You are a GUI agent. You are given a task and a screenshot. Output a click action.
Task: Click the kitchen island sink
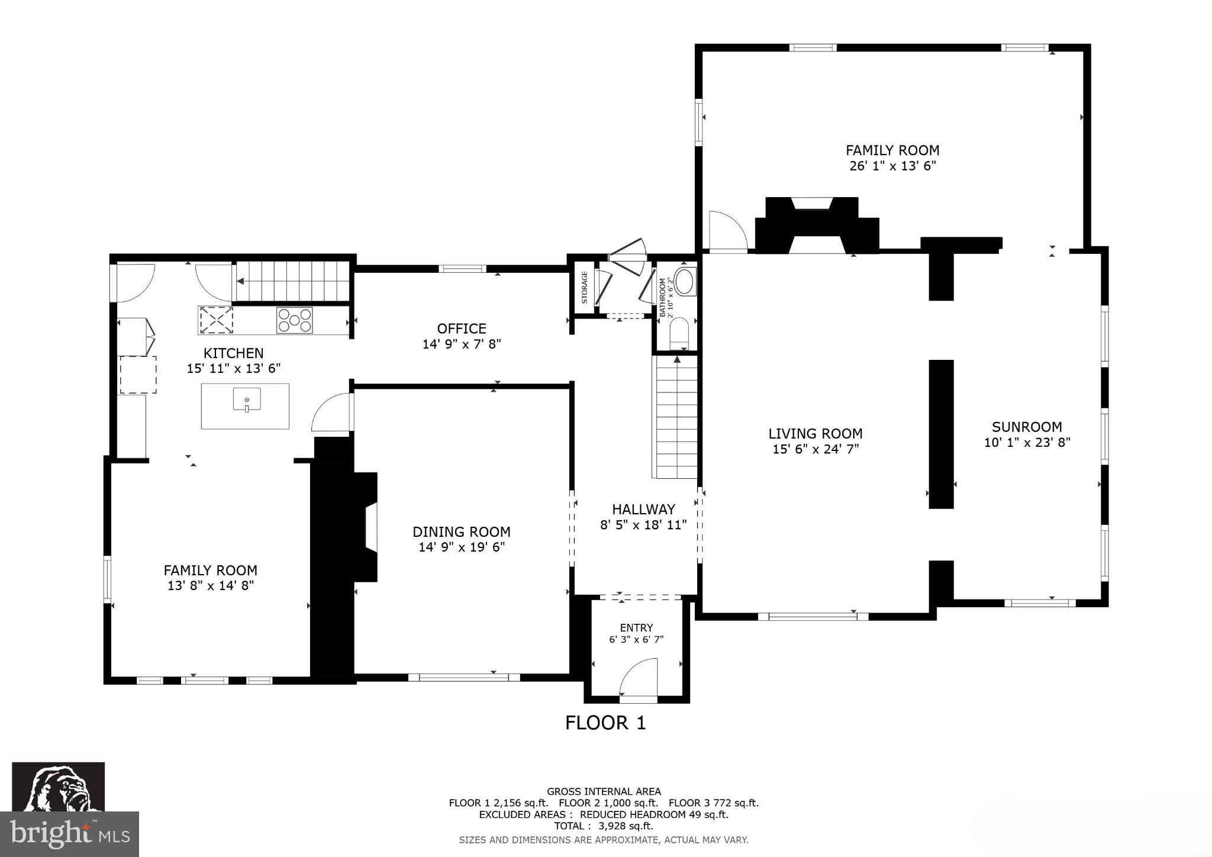246,400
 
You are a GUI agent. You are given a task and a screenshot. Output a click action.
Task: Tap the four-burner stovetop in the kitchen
294,320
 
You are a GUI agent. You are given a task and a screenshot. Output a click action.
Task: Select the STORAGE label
585,287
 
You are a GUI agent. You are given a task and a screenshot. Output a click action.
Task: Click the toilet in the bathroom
678,335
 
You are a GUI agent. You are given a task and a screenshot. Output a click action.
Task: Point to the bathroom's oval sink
686,282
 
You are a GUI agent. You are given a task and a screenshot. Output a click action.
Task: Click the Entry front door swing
639,678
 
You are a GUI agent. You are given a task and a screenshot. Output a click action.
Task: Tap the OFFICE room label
462,328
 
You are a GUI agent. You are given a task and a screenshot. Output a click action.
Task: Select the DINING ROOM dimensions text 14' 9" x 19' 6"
462,547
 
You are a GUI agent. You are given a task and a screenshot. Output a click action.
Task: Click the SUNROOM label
1027,427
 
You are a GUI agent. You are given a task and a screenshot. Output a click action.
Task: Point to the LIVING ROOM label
815,434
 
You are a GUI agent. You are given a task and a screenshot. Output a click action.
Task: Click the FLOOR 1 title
605,723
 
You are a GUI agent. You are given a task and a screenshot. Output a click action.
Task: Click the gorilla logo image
58,787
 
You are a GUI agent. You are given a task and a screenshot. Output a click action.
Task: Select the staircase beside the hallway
676,417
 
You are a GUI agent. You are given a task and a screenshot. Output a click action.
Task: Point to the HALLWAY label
643,509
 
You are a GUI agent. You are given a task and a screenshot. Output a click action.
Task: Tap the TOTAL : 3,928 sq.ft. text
604,826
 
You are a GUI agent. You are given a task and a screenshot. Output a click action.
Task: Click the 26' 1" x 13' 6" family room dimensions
892,166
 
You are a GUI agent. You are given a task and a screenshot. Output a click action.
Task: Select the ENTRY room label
636,628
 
